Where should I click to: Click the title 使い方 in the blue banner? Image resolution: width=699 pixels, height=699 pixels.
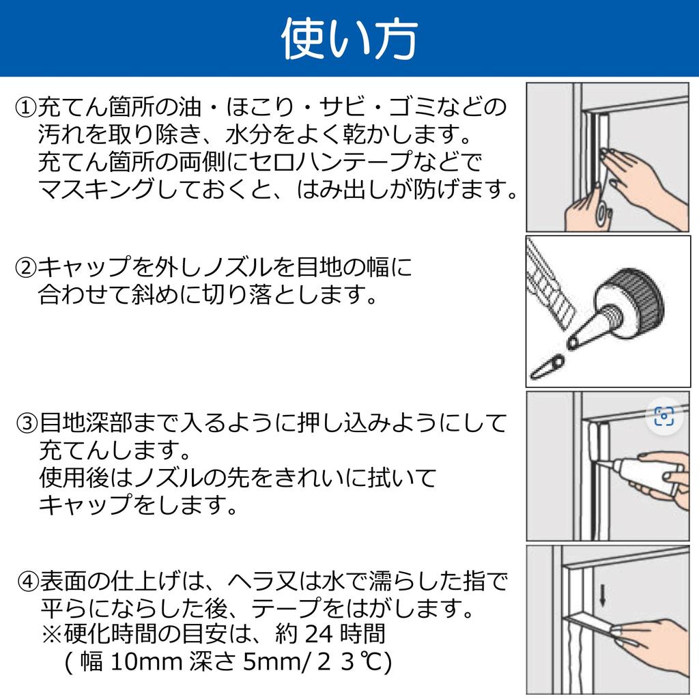pos(349,39)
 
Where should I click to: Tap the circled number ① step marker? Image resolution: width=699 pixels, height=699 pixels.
pos(26,107)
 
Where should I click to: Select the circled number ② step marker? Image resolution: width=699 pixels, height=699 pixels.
pos(26,268)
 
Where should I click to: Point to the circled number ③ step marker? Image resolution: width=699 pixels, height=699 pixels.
pos(27,423)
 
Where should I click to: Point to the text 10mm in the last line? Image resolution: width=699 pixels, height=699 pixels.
pos(144,661)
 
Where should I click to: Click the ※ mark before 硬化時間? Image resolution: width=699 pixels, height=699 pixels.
pos(51,634)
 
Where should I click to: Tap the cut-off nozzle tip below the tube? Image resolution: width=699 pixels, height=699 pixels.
pos(547,367)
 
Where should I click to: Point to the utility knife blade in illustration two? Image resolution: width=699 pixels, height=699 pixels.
pos(550,285)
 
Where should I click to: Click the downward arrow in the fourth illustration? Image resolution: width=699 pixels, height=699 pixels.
pos(602,596)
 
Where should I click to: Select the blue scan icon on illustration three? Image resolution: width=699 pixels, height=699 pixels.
pos(664,416)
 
